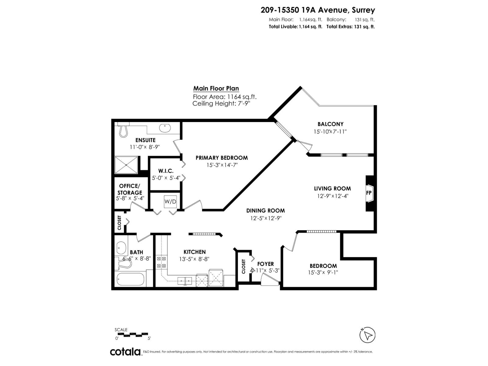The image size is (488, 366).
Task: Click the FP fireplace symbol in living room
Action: [369, 193]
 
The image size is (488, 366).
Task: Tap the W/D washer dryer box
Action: [170, 202]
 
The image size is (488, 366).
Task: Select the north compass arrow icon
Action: [368, 335]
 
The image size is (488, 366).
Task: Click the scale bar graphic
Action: [133, 334]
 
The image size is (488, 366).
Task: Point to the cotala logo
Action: [125, 352]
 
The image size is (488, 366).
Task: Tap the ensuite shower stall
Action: [126, 165]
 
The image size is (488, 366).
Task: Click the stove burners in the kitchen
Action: [161, 262]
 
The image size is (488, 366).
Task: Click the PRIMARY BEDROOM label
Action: [221, 158]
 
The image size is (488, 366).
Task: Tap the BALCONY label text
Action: [330, 124]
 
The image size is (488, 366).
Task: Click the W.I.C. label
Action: [166, 171]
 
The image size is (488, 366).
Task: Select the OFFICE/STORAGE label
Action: [130, 189]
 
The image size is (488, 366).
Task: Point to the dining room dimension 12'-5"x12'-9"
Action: [266, 218]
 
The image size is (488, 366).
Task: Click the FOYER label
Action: [265, 264]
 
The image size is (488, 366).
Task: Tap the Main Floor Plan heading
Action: [216, 88]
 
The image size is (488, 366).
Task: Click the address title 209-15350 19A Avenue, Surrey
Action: [318, 10]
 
